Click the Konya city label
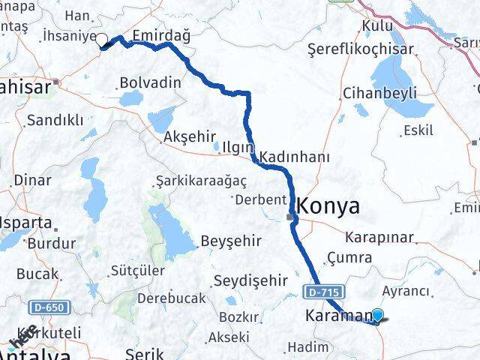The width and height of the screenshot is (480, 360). click(329, 206)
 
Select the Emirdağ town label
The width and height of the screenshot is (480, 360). click(160, 35)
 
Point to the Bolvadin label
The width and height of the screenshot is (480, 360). click(150, 82)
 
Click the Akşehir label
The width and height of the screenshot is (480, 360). click(188, 138)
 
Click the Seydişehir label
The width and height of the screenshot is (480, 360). click(250, 280)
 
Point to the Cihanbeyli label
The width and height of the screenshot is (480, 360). click(369, 93)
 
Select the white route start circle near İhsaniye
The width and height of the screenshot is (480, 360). click(101, 40)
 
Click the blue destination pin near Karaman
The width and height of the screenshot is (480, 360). click(378, 316)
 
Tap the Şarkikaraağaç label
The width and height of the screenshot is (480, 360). click(190, 181)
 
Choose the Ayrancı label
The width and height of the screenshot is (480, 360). click(406, 291)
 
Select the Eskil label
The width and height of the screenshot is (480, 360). click(418, 130)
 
